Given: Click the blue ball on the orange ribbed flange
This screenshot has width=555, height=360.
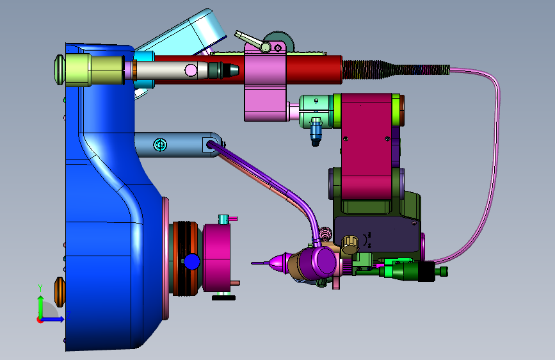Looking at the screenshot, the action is (x=192, y=262).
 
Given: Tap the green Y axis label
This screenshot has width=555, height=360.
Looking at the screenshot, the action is (x=40, y=288).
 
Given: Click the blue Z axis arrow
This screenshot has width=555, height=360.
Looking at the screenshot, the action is (x=52, y=319).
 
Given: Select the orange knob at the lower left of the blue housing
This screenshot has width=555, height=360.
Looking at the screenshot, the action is (x=60, y=292).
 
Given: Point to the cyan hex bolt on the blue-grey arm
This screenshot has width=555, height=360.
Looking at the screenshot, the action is (x=160, y=145).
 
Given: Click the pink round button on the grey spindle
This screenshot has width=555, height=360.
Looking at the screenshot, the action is (x=191, y=70).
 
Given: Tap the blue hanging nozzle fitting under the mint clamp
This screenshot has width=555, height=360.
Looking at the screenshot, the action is (x=316, y=132).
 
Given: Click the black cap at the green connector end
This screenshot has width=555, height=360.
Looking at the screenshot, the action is (x=426, y=272).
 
